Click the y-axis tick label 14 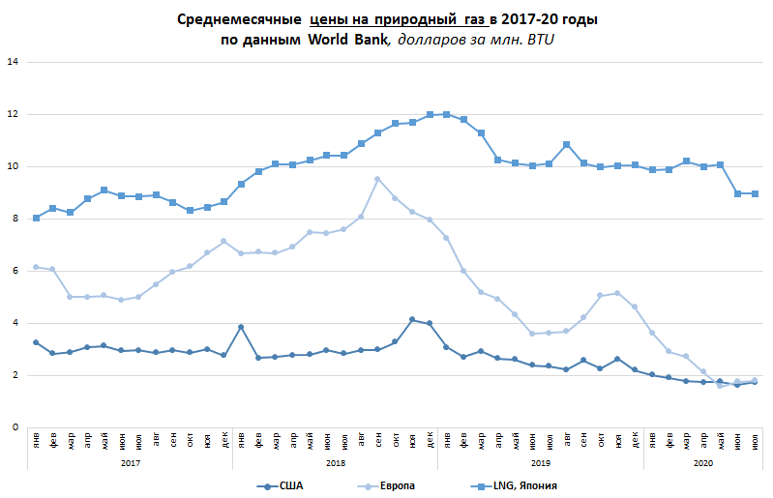13,63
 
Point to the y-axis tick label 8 13,220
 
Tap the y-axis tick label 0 13,427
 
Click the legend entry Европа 397,485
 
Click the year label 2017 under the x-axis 130,463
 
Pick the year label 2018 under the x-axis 335,463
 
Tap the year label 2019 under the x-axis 540,463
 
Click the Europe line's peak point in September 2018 377,179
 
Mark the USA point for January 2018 241,327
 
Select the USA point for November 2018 412,319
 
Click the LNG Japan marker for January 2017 36,218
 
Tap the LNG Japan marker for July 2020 754,193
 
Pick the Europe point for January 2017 36,267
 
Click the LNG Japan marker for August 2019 566,145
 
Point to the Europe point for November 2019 617,293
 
